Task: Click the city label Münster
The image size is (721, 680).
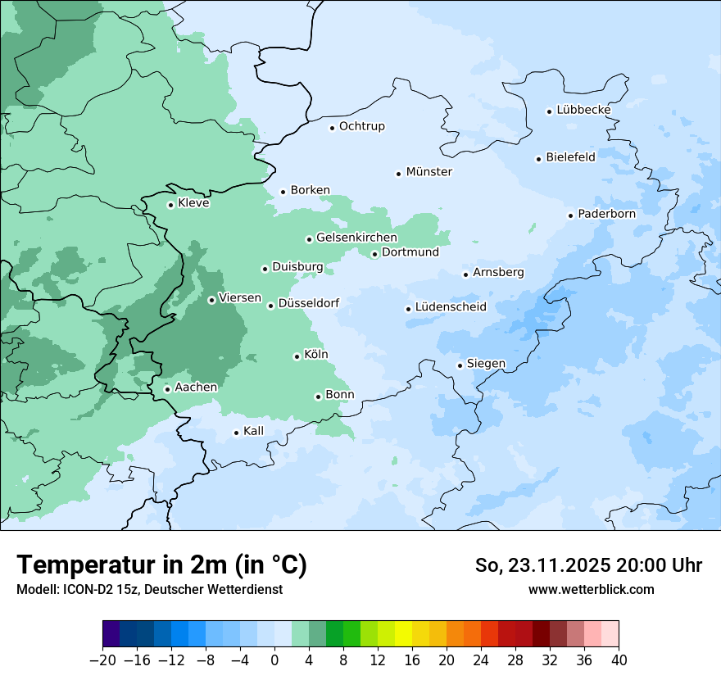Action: [x=429, y=172]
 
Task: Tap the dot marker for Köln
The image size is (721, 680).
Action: [x=297, y=356]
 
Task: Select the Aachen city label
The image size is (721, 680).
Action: [x=196, y=388]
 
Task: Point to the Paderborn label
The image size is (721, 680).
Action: [x=606, y=214]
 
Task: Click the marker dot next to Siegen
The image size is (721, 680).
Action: [x=460, y=365]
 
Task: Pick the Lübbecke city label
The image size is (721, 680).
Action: [x=583, y=110]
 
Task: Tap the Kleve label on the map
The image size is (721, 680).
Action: [x=193, y=203]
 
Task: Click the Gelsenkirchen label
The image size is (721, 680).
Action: [x=356, y=238]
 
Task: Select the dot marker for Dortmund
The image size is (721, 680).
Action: [x=374, y=254]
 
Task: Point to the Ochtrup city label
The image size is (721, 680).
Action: [x=361, y=126]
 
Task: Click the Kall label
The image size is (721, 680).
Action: [x=253, y=431]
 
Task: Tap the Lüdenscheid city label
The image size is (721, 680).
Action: [x=451, y=307]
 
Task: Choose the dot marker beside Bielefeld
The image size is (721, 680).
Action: [x=539, y=159]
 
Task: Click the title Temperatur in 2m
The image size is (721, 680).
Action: [x=161, y=564]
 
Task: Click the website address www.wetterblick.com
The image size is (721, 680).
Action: [x=591, y=589]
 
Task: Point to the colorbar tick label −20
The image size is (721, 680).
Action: [x=103, y=660]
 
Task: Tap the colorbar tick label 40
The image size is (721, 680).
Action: [x=619, y=660]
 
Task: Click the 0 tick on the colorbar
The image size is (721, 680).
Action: [x=274, y=660]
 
